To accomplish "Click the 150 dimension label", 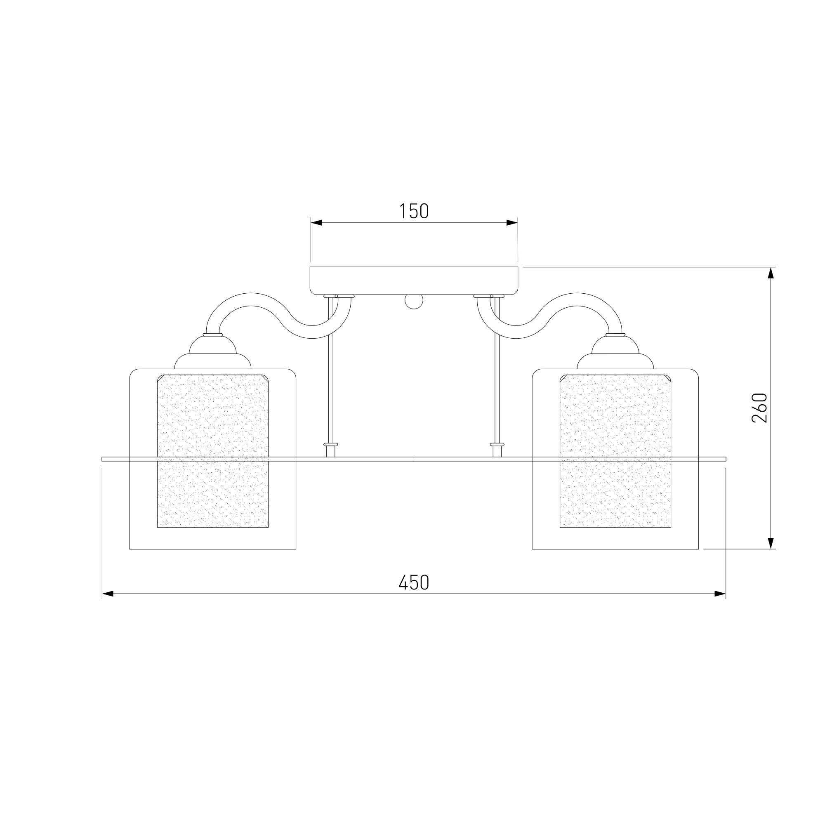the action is (414, 211).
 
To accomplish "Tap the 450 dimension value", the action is (414, 582).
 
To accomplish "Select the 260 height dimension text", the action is (760, 408).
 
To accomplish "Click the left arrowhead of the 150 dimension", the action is (316, 223).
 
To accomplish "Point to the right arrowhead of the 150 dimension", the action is (512, 223).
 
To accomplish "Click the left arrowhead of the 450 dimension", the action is (108, 594).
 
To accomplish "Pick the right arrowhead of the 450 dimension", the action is (720, 594).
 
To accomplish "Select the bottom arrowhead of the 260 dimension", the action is (771, 543).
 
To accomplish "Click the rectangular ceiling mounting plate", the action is (414, 280).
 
